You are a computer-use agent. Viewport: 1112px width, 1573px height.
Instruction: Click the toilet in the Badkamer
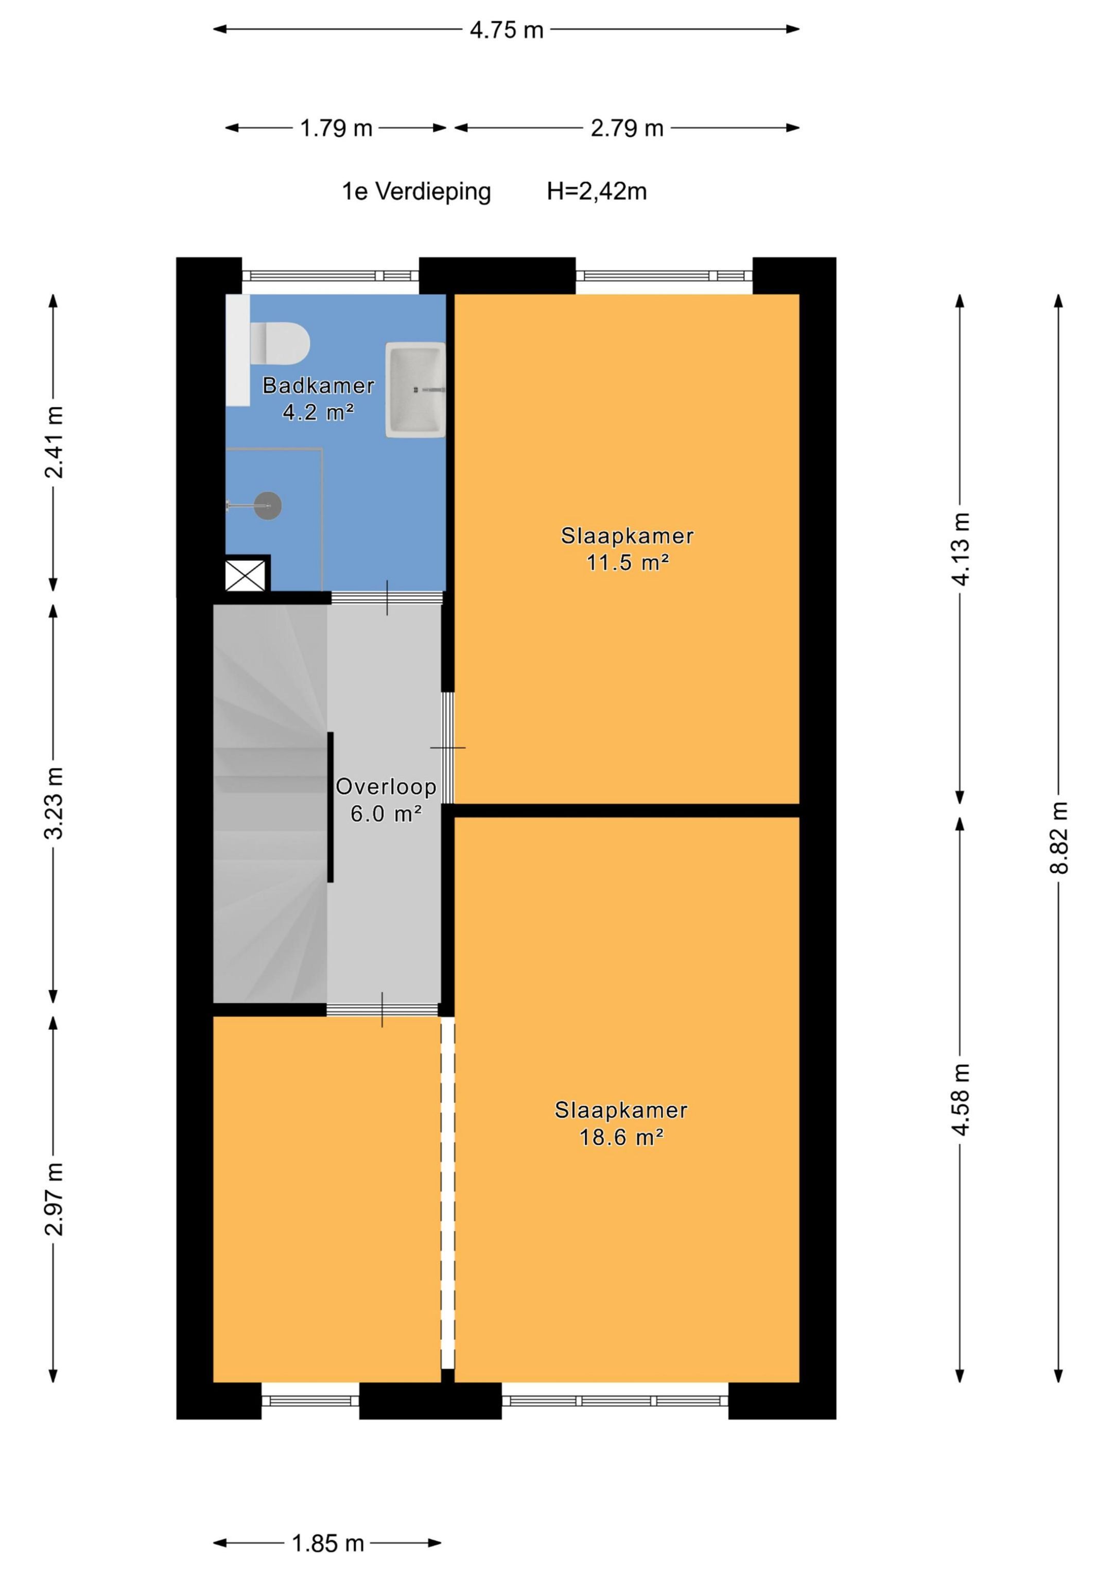coord(280,343)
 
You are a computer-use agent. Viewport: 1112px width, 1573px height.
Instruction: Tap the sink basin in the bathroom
coord(415,390)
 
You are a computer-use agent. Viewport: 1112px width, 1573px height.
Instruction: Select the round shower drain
coord(267,506)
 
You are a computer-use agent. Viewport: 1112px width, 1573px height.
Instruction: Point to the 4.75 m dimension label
coord(507,30)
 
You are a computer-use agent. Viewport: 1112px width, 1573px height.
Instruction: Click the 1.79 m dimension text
coord(336,128)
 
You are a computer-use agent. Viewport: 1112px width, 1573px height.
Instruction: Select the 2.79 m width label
coord(627,128)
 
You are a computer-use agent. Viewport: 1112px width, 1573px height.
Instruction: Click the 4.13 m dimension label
coord(961,549)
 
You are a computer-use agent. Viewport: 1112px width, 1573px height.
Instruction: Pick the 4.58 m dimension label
coord(961,1100)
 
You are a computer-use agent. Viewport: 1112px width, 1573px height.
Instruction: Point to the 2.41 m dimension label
coord(54,442)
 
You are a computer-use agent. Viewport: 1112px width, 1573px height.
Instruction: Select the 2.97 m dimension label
coord(54,1200)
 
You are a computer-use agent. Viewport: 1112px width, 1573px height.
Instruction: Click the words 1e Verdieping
coord(416,192)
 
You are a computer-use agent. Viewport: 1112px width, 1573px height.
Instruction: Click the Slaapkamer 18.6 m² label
coord(621,1123)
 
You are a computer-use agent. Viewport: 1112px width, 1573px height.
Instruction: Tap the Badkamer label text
coord(319,386)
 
